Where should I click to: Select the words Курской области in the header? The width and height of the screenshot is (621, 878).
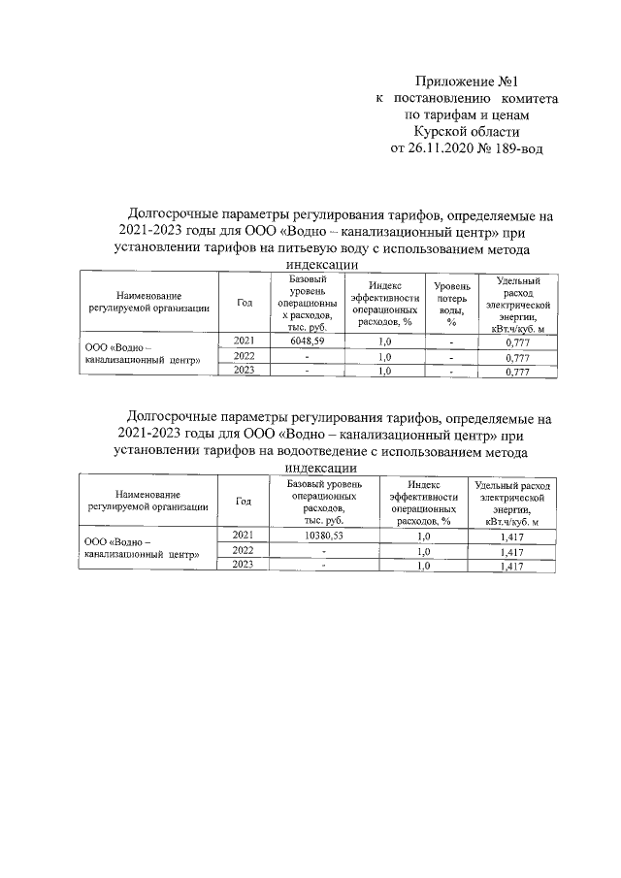[x=467, y=132]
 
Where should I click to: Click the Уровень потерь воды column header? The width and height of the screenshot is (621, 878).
[x=451, y=304]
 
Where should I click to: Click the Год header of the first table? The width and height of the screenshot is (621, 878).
[x=244, y=304]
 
